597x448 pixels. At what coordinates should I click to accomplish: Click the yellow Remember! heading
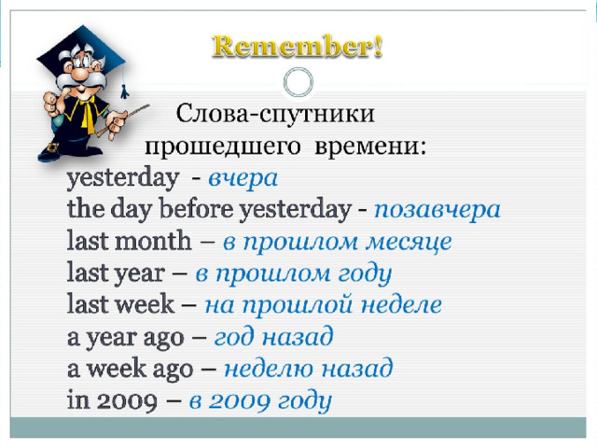tap(297, 47)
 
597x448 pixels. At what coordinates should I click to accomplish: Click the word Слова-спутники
tap(275, 114)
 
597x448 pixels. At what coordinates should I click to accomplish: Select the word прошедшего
tap(223, 147)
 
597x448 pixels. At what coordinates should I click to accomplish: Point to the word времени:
tap(370, 146)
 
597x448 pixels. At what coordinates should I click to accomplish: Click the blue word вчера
tap(243, 178)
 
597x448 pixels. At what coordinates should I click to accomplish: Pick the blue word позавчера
tap(437, 210)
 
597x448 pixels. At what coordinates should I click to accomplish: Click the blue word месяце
tap(409, 243)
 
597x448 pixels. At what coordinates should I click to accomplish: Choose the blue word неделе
tap(401, 305)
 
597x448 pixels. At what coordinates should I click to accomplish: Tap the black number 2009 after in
tap(127, 400)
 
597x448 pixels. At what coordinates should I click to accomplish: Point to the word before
tap(196, 209)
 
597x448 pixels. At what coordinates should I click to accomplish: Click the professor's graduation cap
tap(81, 49)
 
